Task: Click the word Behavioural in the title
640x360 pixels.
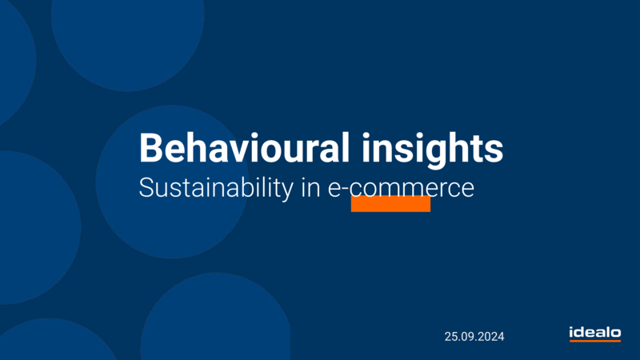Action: pyautogui.click(x=245, y=147)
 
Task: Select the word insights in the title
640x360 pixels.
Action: pyautogui.click(x=433, y=150)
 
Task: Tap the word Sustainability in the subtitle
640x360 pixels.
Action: pyautogui.click(x=216, y=188)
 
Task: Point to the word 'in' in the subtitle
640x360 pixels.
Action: pyautogui.click(x=310, y=188)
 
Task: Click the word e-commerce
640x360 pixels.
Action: pyautogui.click(x=401, y=188)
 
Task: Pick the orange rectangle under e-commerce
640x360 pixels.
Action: pyautogui.click(x=390, y=204)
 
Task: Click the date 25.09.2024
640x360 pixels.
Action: pyautogui.click(x=474, y=337)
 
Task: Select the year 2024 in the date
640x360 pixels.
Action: pyautogui.click(x=491, y=337)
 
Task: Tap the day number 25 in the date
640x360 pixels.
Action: pyautogui.click(x=450, y=337)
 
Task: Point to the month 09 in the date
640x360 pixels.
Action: pyautogui.click(x=466, y=337)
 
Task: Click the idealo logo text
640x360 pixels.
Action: pyautogui.click(x=595, y=332)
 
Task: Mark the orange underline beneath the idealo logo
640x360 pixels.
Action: pyautogui.click(x=595, y=341)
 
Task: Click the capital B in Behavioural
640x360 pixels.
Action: pyautogui.click(x=150, y=148)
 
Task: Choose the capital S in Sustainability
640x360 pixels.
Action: pyautogui.click(x=146, y=188)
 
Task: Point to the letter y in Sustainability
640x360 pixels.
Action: pyautogui.click(x=287, y=192)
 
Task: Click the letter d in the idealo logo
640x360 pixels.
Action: pyautogui.click(x=582, y=332)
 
